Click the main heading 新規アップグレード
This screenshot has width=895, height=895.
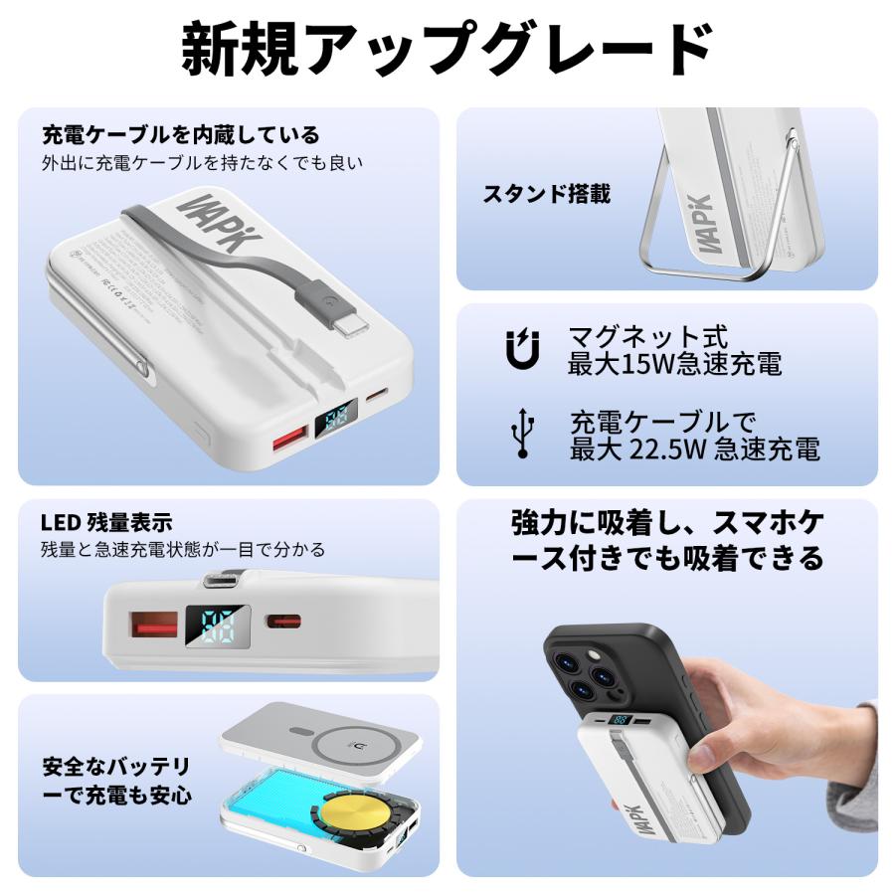pos(447,48)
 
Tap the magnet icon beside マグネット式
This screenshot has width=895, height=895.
pos(521,350)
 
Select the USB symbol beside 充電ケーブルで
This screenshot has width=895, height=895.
pos(521,435)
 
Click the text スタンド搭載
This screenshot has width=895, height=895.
pos(546,194)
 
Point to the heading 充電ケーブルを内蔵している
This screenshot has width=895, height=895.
pos(181,134)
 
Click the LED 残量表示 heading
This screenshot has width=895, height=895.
pos(106,522)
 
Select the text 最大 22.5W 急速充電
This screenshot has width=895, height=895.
pos(694,448)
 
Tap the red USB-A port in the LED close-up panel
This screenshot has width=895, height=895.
pos(155,626)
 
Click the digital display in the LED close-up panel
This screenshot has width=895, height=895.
pos(216,626)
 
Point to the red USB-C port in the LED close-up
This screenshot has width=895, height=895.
pos(283,622)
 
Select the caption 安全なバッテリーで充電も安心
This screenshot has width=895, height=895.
pos(116,781)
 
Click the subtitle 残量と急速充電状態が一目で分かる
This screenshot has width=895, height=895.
pos(183,549)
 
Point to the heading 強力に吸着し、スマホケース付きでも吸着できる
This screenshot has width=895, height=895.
pos(667,540)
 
